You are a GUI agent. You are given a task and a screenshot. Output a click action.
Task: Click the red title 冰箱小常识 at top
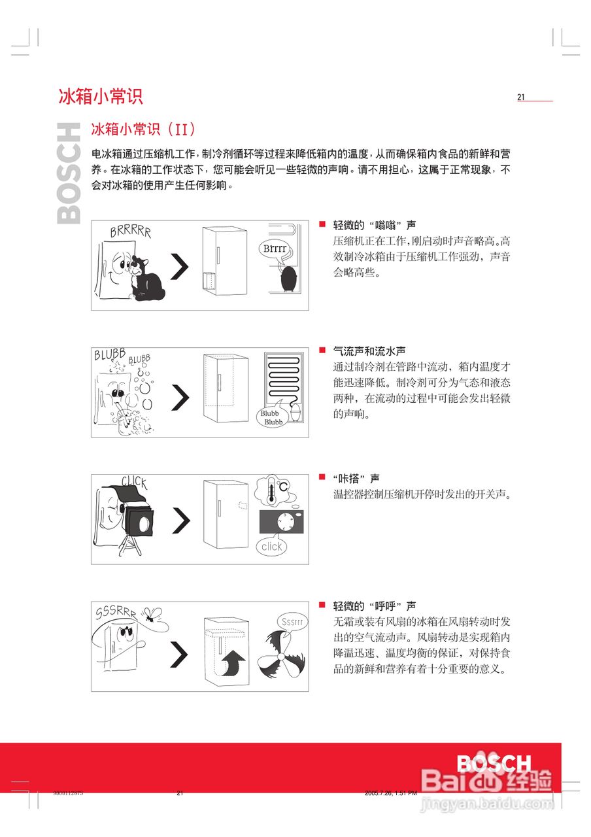click(x=101, y=97)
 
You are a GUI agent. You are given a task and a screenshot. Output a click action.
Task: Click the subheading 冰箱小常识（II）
click(x=143, y=129)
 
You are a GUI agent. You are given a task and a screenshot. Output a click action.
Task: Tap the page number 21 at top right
click(x=521, y=97)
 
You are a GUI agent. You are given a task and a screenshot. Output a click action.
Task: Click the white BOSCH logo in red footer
click(x=494, y=764)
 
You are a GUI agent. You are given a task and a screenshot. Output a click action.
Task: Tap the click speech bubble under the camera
click(x=271, y=546)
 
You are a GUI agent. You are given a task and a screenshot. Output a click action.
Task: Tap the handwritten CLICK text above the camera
click(x=134, y=483)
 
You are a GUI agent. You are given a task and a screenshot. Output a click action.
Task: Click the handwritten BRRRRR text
click(x=130, y=231)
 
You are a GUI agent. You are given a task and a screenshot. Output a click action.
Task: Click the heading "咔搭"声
click(x=356, y=479)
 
